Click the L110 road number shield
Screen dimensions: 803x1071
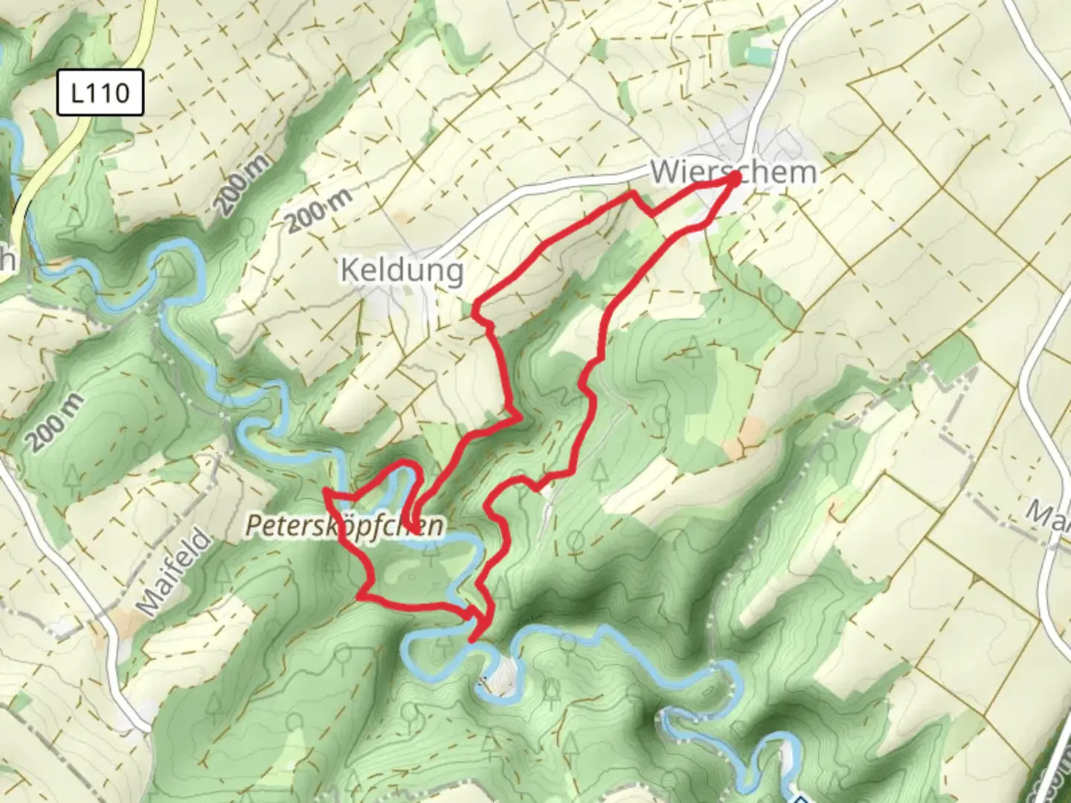(x=100, y=94)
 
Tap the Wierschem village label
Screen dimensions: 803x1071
(x=733, y=172)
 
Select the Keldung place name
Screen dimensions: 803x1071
(x=402, y=270)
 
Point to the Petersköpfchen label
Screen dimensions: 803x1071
(x=345, y=526)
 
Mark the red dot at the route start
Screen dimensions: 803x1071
(x=733, y=178)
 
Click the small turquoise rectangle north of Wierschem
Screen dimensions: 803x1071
(x=759, y=54)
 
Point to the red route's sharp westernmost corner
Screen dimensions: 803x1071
(x=325, y=492)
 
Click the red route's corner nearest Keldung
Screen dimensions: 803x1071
(x=476, y=309)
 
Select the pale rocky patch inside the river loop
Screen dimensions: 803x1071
(x=503, y=673)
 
